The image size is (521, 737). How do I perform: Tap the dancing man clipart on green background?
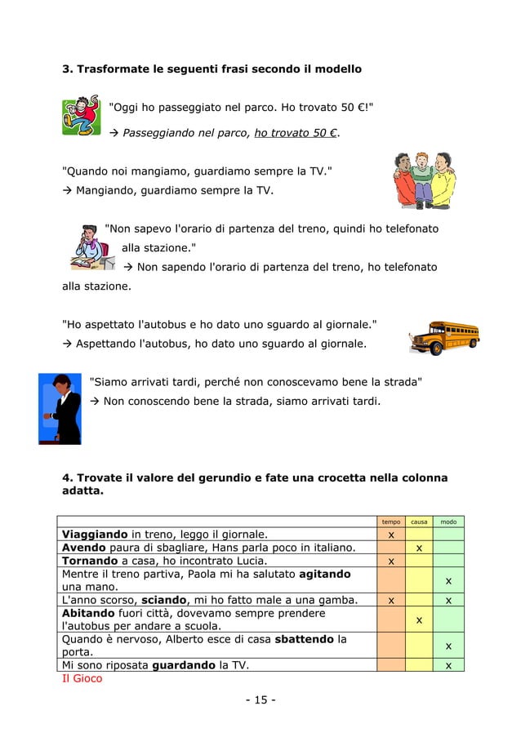[x=81, y=117]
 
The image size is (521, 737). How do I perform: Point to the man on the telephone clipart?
[x=88, y=246]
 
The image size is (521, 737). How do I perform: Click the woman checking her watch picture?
[x=60, y=408]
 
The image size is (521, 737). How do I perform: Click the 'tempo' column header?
[x=391, y=522]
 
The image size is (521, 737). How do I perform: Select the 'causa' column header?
[x=419, y=522]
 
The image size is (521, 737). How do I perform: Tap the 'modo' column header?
[x=448, y=522]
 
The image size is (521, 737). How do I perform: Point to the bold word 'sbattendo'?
[x=307, y=639]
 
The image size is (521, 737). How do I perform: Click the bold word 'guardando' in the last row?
[x=187, y=665]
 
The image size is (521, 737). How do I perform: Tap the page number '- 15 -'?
[x=260, y=701]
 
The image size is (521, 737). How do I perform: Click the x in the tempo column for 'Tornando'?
[x=391, y=561]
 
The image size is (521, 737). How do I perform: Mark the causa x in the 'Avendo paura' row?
[x=419, y=548]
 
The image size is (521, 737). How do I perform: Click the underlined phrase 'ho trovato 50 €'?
[x=297, y=133]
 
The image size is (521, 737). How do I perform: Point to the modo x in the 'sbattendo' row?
[x=448, y=646]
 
